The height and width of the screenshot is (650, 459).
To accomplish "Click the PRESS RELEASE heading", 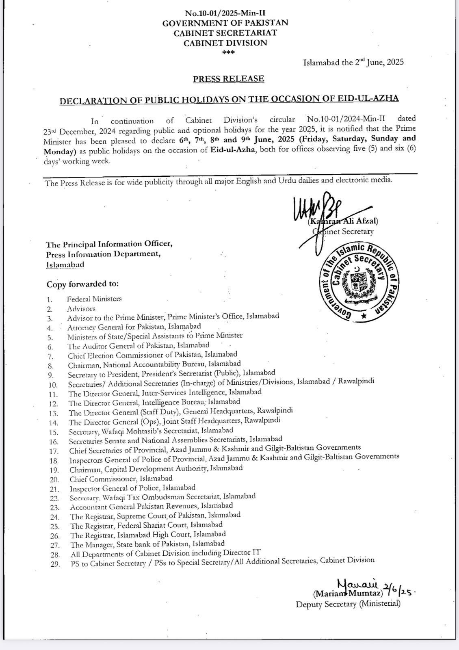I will (228, 79).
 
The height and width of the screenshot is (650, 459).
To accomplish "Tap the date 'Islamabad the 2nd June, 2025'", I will (353, 63).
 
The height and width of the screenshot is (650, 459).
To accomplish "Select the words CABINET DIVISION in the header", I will (225, 43).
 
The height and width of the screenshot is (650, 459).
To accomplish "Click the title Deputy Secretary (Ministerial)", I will (348, 604).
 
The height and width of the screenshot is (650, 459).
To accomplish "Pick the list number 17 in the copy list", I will (53, 451).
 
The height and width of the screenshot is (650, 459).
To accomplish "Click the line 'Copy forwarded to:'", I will (82, 284).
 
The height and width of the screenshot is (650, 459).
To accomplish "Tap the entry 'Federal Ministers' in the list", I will (94, 299).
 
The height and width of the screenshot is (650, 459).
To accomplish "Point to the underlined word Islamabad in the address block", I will (65, 264).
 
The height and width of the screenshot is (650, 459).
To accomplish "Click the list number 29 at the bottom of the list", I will (55, 564).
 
